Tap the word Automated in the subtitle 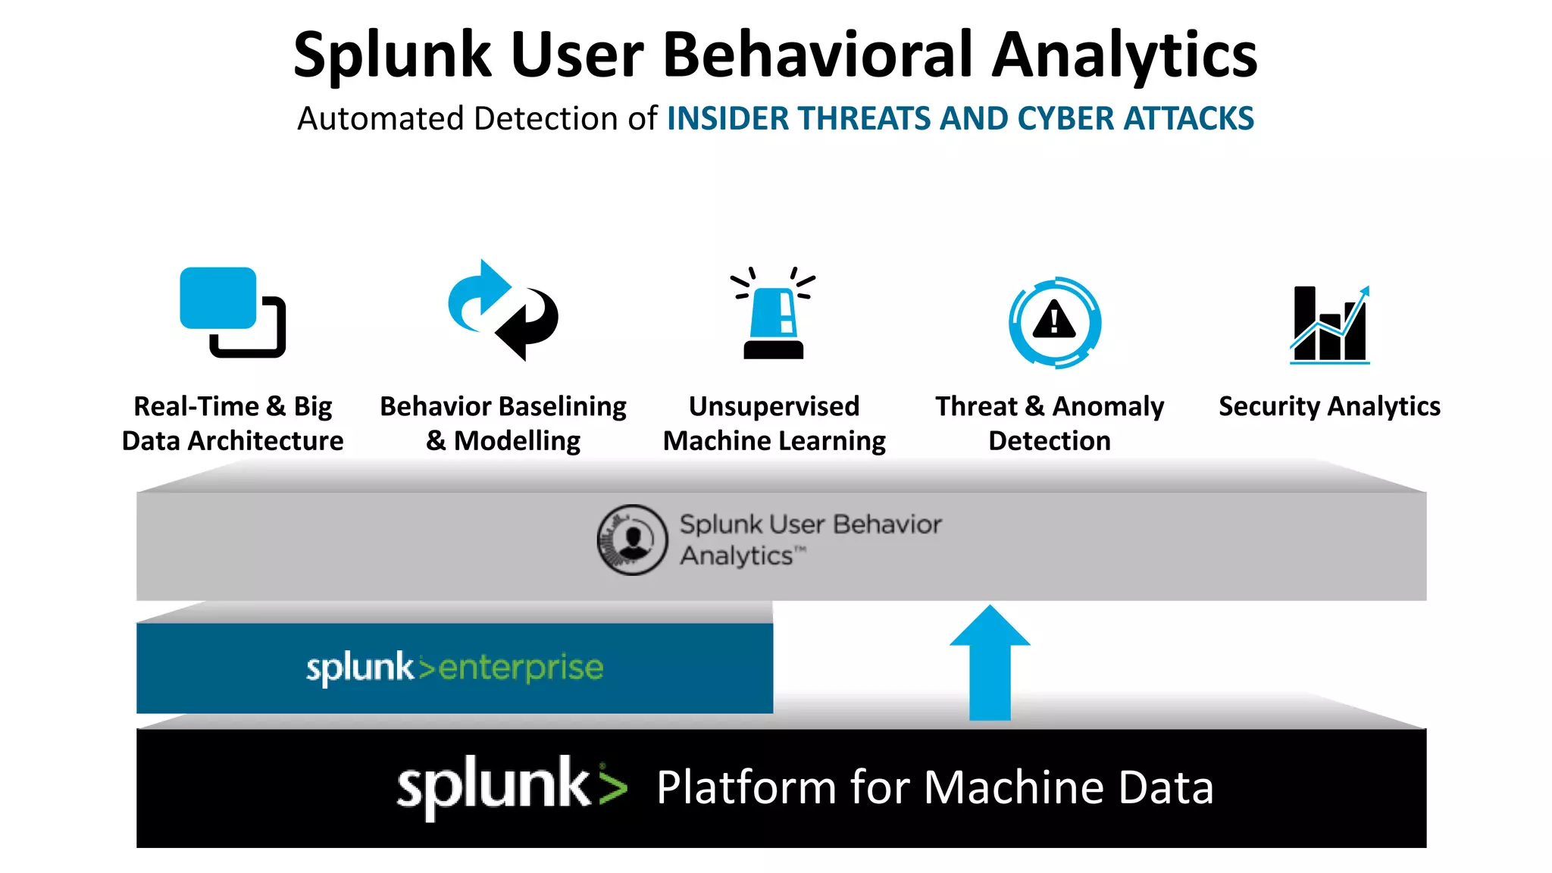click(380, 119)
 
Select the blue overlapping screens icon click(232, 311)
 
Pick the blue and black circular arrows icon click(502, 311)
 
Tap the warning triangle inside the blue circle click(1054, 321)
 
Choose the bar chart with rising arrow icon click(1330, 324)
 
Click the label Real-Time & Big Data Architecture click(233, 423)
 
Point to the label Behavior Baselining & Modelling click(503, 423)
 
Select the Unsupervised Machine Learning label click(774, 423)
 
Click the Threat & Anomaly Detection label click(1050, 423)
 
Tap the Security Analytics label click(1329, 406)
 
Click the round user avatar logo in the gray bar click(632, 540)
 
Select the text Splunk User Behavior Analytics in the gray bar click(809, 540)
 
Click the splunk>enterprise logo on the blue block click(455, 668)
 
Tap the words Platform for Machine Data click(934, 787)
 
